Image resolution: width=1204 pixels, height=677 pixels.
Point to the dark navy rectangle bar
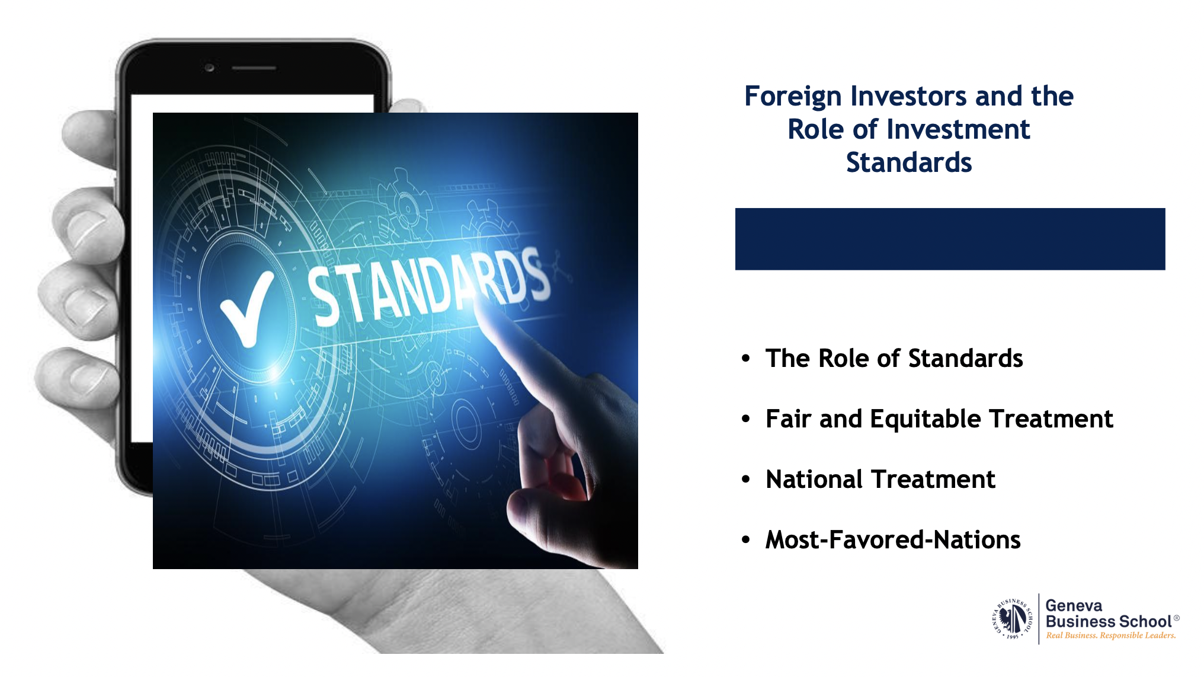point(950,239)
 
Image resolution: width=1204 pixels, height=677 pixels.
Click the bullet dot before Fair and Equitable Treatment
point(746,419)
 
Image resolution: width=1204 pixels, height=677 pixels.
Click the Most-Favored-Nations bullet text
point(893,539)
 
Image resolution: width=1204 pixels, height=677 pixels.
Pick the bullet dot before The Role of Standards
point(746,359)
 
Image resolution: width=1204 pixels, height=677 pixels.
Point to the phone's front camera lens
point(209,68)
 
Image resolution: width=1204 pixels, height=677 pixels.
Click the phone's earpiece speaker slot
point(254,68)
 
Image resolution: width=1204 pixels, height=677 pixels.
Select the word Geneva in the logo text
point(1074,605)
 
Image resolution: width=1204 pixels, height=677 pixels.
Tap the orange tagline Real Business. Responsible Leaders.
point(1111,636)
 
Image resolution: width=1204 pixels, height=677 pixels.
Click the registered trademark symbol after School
point(1177,618)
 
